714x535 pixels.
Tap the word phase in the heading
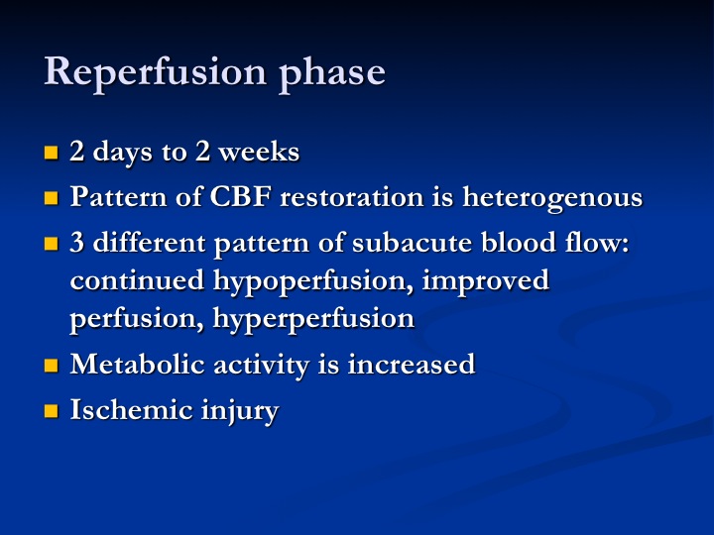tap(332, 73)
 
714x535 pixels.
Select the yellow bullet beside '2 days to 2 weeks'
tap(52, 153)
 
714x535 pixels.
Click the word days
tap(122, 152)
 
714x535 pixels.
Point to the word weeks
tap(259, 152)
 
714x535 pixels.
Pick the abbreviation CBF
tap(240, 197)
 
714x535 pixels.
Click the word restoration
tap(351, 197)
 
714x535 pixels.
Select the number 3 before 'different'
tap(77, 242)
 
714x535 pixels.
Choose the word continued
tap(137, 279)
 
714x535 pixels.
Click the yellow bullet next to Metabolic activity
tap(52, 366)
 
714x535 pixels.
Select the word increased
tap(412, 365)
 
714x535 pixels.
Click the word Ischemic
tap(131, 410)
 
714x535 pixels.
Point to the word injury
tap(240, 412)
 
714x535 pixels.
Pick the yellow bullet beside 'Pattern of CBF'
tap(52, 198)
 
